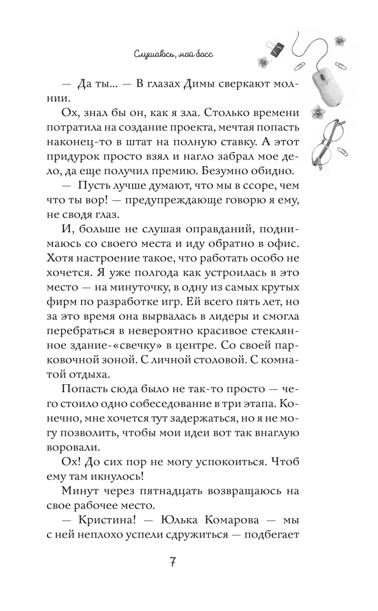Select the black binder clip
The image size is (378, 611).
coord(276,48)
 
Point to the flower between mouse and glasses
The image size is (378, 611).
coord(318,111)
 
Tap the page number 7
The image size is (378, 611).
coord(172,562)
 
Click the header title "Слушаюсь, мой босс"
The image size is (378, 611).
coord(176,54)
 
